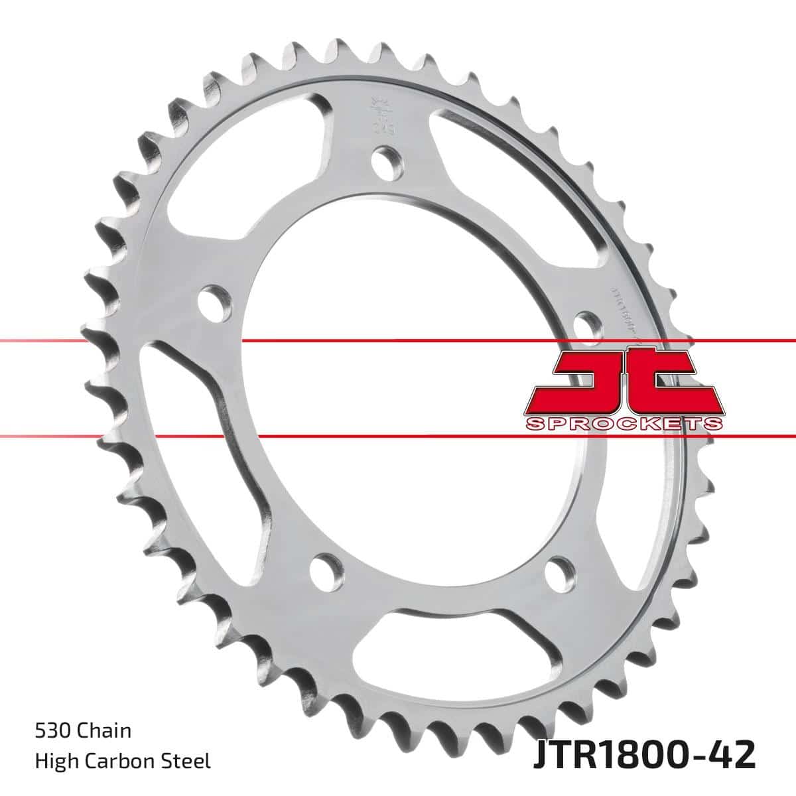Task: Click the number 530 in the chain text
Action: tap(53, 732)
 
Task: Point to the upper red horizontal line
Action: tap(398, 341)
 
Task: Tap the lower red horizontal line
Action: tap(398, 436)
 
